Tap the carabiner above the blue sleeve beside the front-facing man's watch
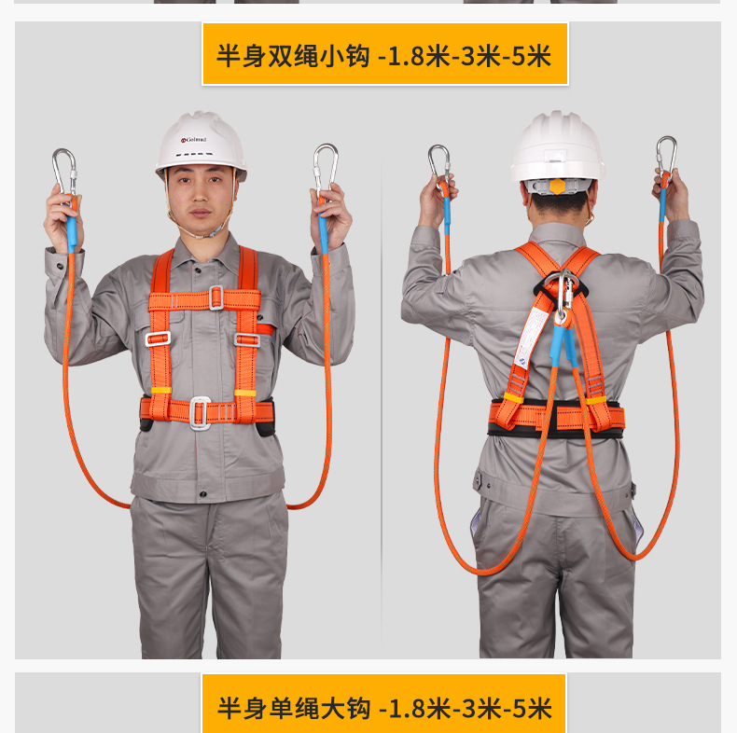pos(325,168)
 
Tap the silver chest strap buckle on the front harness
pos(216,297)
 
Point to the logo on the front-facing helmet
pos(194,140)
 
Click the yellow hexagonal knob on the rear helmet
pos(557,186)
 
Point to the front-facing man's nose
pos(200,196)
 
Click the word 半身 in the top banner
pos(240,56)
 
